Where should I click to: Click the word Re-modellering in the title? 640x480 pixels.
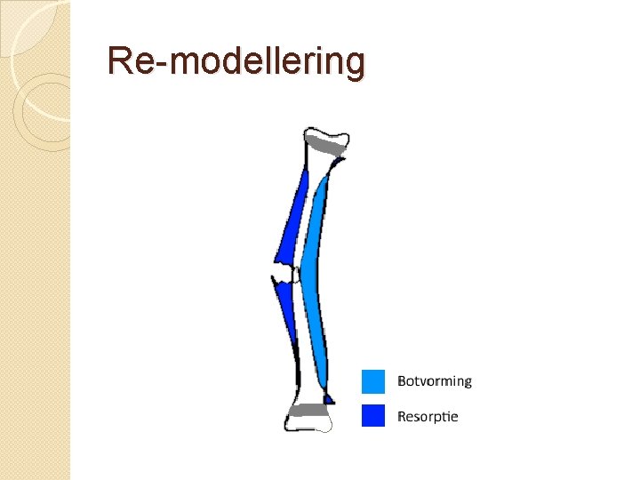tap(236, 62)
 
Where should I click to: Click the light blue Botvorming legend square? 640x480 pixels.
tap(373, 381)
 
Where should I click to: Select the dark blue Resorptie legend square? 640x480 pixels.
tap(373, 415)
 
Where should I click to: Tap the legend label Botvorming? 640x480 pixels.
tap(434, 381)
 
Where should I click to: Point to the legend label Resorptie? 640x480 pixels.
tap(428, 416)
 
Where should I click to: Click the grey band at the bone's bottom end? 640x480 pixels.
tap(307, 410)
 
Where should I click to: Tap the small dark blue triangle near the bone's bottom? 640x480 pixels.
tap(328, 398)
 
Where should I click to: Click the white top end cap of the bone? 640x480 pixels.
tap(326, 134)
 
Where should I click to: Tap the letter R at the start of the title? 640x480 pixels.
tap(119, 61)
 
